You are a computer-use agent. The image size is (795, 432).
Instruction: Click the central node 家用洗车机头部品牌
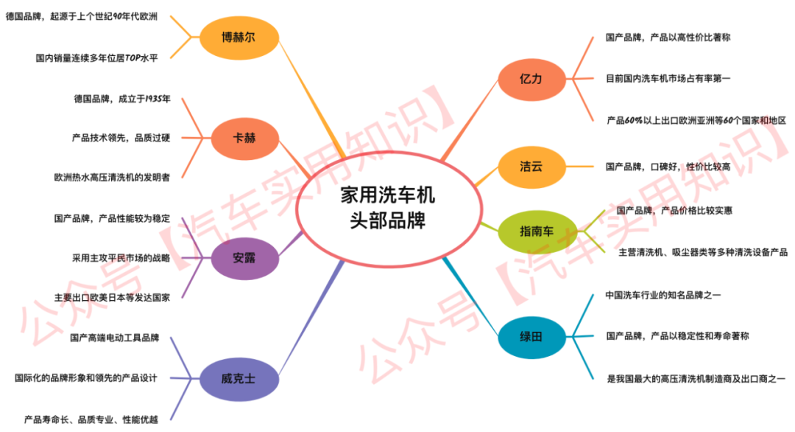(x=389, y=209)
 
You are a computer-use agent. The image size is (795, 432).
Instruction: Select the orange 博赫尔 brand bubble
(x=239, y=38)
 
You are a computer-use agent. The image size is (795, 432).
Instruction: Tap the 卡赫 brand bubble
(x=244, y=138)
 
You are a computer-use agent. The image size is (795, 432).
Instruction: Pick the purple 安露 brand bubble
(x=244, y=258)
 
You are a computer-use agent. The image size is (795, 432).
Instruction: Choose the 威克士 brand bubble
(x=239, y=379)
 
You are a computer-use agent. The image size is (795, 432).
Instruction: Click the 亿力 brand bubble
(x=531, y=79)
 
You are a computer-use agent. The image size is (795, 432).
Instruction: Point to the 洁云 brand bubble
(x=531, y=167)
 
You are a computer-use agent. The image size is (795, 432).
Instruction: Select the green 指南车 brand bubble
(x=537, y=231)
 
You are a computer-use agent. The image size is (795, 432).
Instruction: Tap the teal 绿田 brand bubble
(x=531, y=337)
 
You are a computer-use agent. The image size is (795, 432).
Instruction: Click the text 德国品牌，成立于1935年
(x=122, y=99)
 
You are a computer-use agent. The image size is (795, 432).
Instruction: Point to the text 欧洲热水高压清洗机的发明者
(x=112, y=177)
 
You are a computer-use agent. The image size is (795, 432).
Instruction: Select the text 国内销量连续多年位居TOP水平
(x=97, y=58)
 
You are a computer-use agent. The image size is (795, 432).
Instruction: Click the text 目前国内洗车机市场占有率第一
(x=668, y=78)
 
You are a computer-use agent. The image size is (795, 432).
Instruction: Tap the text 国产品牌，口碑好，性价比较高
(x=668, y=167)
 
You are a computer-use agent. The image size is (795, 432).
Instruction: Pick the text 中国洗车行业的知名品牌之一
(x=663, y=295)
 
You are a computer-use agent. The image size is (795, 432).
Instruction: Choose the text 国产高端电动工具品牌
(x=115, y=338)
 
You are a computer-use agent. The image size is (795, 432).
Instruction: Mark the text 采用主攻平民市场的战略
(x=121, y=258)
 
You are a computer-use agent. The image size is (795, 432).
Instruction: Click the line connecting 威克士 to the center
(x=310, y=318)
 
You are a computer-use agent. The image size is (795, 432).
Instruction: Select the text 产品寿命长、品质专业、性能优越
(x=91, y=419)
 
